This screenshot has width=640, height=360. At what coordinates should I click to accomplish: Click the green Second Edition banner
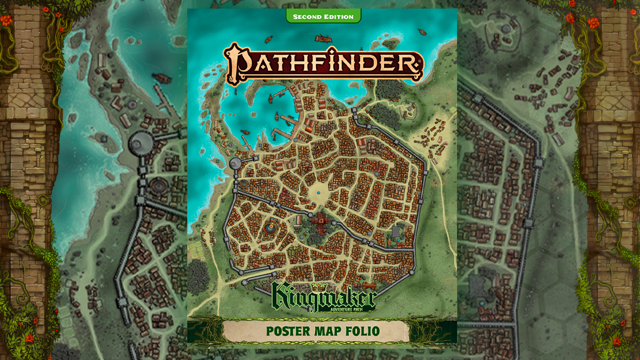(323, 17)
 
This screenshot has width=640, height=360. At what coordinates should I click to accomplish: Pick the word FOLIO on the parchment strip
(362, 331)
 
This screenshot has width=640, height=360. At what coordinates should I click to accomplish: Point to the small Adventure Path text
(350, 308)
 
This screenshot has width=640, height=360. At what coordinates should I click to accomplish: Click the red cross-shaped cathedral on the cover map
(321, 221)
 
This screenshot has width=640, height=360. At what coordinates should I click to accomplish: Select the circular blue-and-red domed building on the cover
(270, 228)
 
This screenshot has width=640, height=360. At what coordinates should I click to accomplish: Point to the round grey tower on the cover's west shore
(236, 163)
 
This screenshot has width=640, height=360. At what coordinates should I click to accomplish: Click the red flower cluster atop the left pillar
(6, 20)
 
